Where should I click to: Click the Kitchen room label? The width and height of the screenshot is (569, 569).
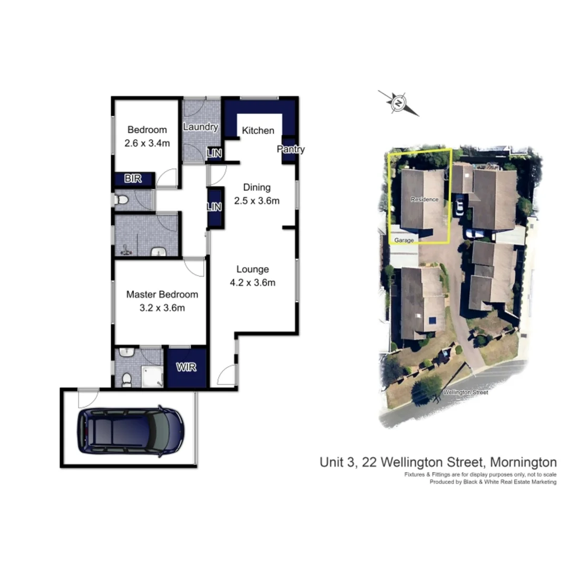tap(258, 131)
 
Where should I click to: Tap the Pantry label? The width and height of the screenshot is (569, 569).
tap(291, 150)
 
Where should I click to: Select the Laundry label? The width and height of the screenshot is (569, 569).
tap(200, 127)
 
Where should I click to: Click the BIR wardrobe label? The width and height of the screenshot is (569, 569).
tap(133, 179)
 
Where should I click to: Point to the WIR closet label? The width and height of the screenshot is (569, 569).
tap(187, 367)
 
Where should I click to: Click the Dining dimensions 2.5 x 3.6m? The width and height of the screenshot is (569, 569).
tap(257, 200)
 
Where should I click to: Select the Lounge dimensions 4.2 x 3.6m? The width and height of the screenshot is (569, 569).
tap(252, 282)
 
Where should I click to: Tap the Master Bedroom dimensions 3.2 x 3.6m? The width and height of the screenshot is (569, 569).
tap(162, 308)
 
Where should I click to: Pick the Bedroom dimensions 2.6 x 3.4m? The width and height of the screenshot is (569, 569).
tap(147, 143)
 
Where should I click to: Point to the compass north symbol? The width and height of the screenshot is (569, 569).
tap(399, 102)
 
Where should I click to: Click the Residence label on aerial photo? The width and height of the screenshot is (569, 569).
tap(424, 200)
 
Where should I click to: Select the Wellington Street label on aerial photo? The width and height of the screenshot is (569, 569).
tap(465, 392)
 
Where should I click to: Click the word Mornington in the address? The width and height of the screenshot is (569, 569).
tap(523, 463)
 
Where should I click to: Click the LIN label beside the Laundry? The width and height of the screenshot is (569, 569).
tap(214, 153)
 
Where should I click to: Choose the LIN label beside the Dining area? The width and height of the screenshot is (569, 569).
tap(214, 207)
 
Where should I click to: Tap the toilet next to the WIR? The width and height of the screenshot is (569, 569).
tap(126, 378)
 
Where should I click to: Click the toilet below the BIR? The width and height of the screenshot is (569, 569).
tap(122, 200)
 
